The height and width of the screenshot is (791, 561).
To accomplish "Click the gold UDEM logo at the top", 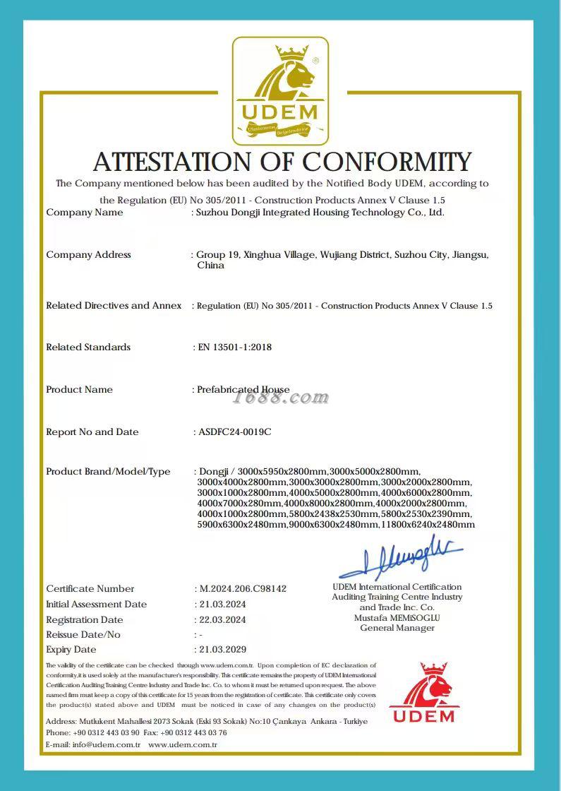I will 280,91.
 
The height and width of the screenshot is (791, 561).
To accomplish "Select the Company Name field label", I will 85,213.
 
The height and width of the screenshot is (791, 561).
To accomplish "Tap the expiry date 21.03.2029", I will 223,650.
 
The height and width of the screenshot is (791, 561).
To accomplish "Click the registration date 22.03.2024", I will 223,620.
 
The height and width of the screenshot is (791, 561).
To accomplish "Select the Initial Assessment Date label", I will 97,605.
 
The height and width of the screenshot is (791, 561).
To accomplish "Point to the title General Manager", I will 397,628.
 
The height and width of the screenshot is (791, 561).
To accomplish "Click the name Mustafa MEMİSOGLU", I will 397,618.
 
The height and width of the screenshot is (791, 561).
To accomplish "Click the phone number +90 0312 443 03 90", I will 106,733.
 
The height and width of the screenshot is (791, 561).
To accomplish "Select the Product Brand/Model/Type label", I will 108,472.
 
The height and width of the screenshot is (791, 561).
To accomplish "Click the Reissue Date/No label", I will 83,635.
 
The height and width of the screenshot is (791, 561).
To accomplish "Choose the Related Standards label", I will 88,347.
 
